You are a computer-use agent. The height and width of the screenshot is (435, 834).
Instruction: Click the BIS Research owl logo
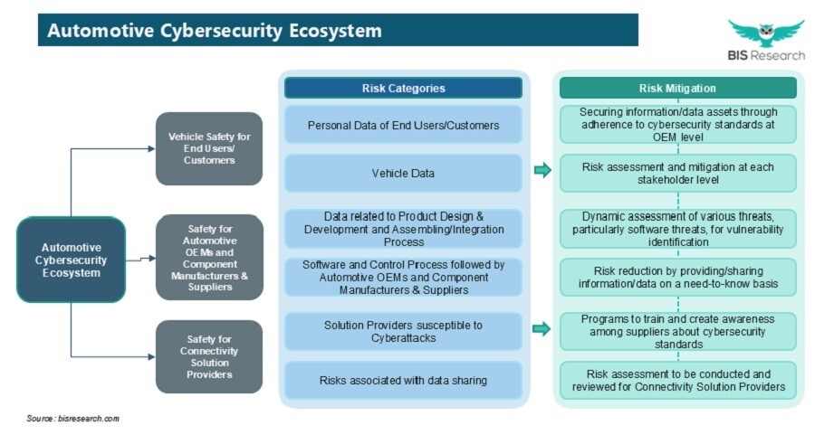[766, 33]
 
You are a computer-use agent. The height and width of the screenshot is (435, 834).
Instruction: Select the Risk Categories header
[403, 88]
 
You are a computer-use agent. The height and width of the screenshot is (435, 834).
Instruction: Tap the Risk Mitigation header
[677, 88]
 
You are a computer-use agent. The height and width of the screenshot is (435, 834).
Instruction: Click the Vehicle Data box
[403, 173]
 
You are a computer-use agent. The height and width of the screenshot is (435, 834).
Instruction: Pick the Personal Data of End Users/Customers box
[403, 126]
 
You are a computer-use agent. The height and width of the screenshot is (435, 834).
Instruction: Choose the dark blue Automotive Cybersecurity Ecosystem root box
[72, 260]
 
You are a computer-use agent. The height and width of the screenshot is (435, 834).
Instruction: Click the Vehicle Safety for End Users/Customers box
[209, 148]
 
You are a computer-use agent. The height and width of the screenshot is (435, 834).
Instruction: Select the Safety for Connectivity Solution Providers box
[209, 356]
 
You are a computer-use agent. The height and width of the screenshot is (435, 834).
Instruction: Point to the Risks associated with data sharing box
[403, 381]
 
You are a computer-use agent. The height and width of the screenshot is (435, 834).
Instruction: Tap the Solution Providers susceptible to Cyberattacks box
[403, 331]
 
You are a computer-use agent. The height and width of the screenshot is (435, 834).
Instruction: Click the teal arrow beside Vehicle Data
[542, 170]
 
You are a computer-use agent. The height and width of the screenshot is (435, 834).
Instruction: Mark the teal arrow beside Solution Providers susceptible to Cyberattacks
[542, 329]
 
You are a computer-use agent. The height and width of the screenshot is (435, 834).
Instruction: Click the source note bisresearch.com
[72, 419]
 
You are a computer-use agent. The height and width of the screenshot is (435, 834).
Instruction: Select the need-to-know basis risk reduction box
[677, 278]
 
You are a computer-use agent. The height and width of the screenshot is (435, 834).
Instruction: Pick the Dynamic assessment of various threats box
[677, 229]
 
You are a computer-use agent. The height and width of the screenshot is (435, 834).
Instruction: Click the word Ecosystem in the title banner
[336, 31]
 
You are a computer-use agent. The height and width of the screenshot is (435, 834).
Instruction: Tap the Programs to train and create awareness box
[677, 331]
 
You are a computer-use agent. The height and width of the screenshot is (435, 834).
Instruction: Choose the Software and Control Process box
[403, 278]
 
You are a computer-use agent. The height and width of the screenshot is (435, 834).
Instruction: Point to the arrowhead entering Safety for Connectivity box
[151, 357]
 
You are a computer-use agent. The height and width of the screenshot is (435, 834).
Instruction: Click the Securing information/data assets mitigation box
[677, 124]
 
